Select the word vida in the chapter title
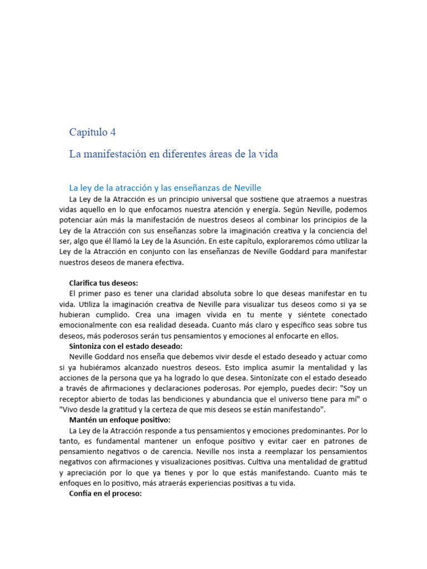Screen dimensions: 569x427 (x=267, y=154)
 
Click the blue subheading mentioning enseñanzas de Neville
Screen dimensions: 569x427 (x=165, y=188)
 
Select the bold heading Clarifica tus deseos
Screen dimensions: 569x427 (x=103, y=283)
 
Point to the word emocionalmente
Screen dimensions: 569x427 (x=92, y=325)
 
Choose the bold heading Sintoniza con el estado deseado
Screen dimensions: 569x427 (x=122, y=346)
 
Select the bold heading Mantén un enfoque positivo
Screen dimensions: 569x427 (x=120, y=420)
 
